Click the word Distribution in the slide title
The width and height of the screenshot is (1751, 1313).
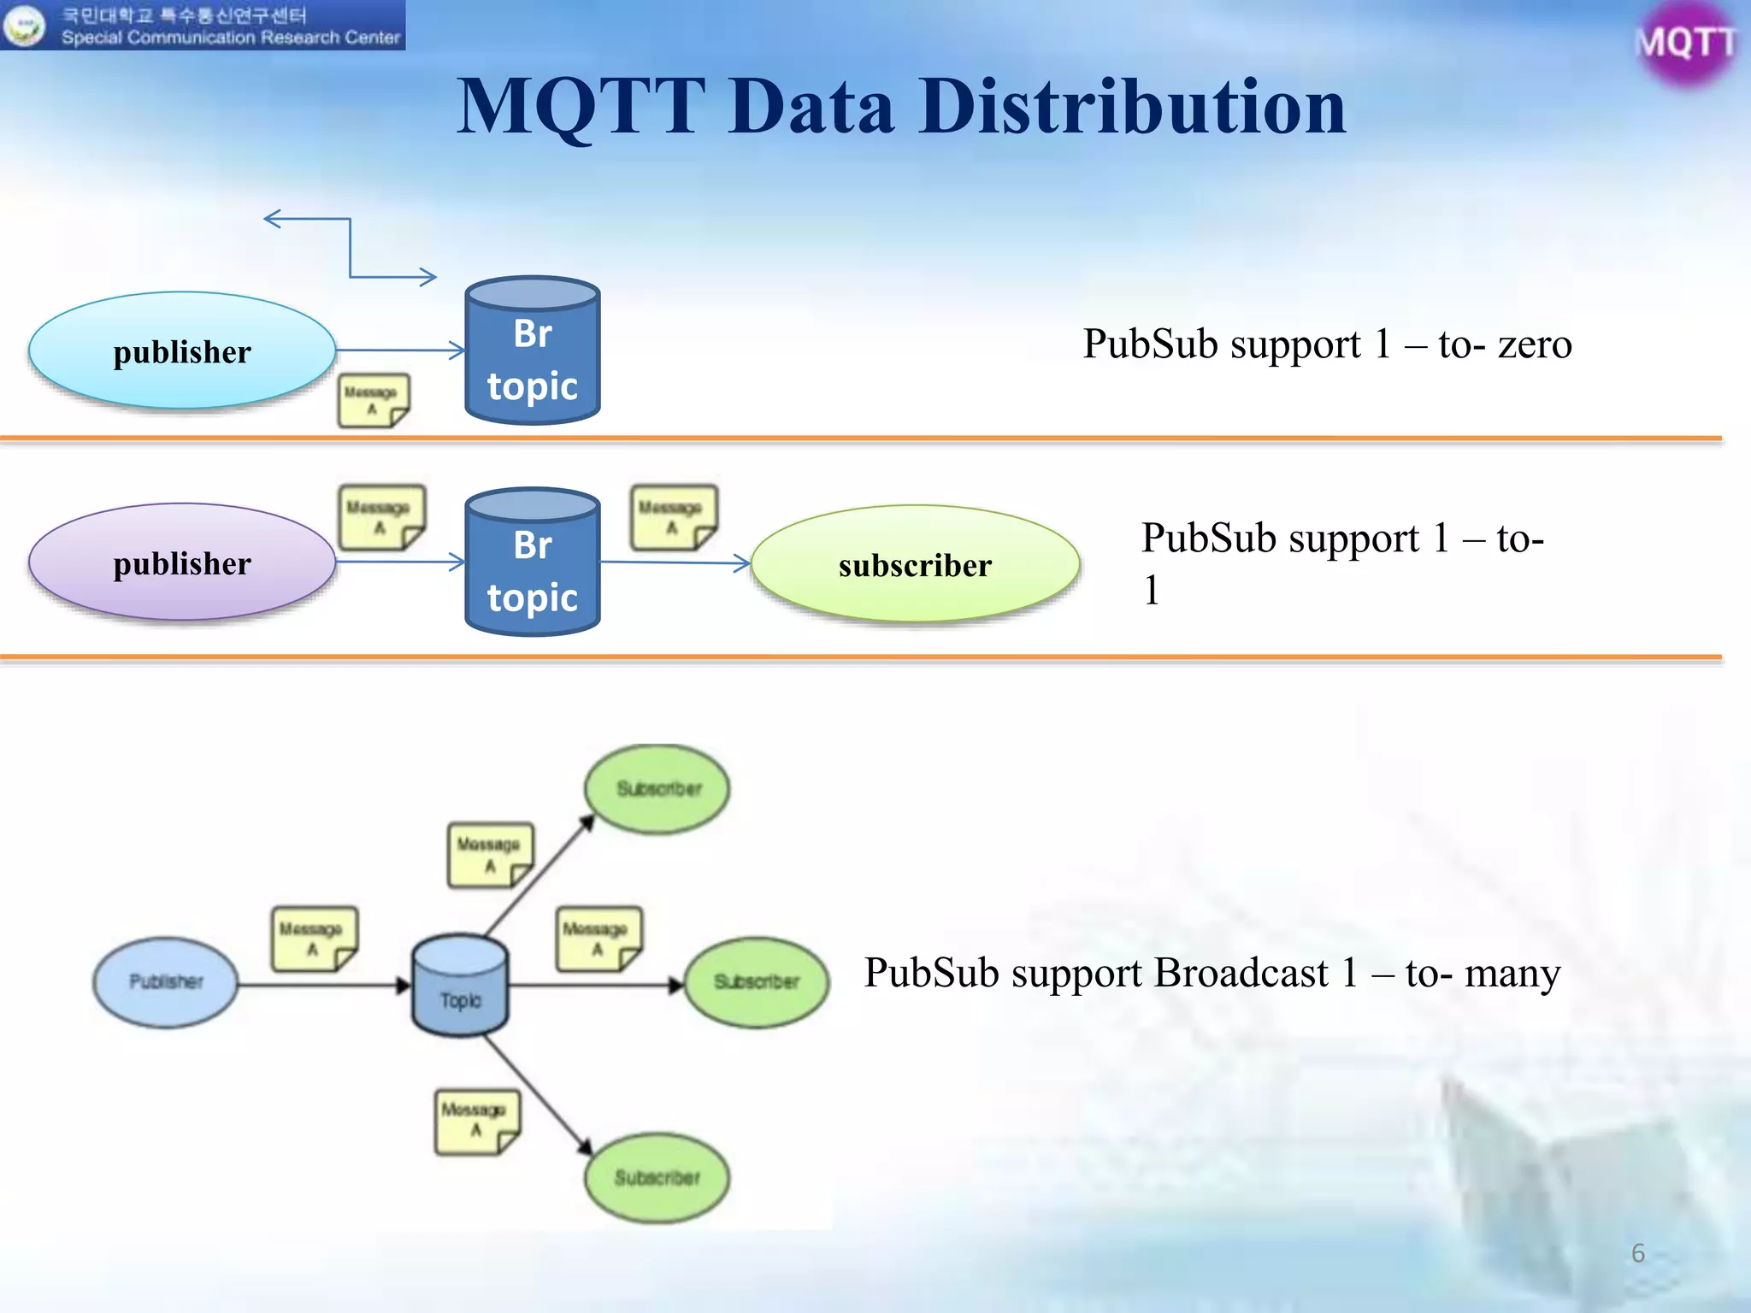point(1132,108)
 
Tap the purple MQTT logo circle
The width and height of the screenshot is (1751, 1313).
point(1685,43)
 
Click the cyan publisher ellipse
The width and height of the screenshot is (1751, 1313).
point(182,351)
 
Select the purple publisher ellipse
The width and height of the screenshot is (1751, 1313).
point(182,562)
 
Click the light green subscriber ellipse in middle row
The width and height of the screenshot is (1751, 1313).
point(915,564)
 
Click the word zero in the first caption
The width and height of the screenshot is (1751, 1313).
point(1535,344)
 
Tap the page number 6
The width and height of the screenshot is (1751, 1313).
point(1637,1252)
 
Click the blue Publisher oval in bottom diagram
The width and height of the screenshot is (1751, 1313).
point(165,982)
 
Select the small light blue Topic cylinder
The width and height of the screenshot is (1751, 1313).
point(460,986)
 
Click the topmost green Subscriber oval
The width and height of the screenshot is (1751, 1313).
point(657,788)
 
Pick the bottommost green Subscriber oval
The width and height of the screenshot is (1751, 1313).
point(657,1178)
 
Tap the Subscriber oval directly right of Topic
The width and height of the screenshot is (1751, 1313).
point(757,982)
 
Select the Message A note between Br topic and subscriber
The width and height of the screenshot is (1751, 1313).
point(673,516)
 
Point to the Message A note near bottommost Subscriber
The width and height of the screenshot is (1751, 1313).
point(476,1121)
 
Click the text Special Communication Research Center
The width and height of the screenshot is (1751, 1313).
point(230,38)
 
